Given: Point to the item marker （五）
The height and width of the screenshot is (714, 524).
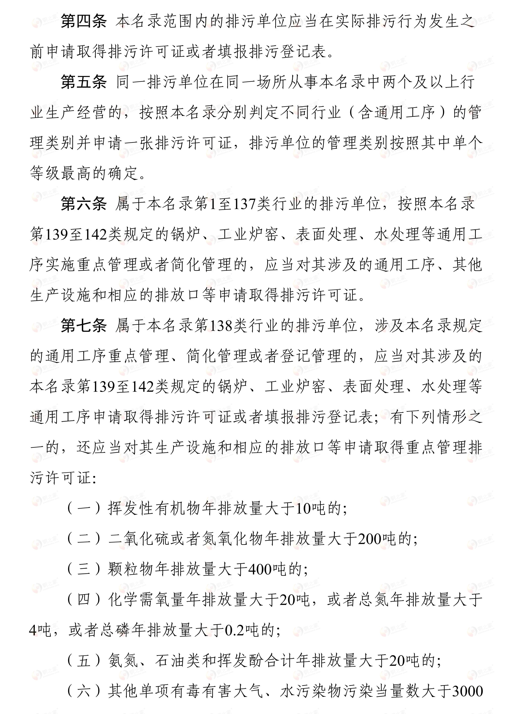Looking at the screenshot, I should [x=84, y=661].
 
